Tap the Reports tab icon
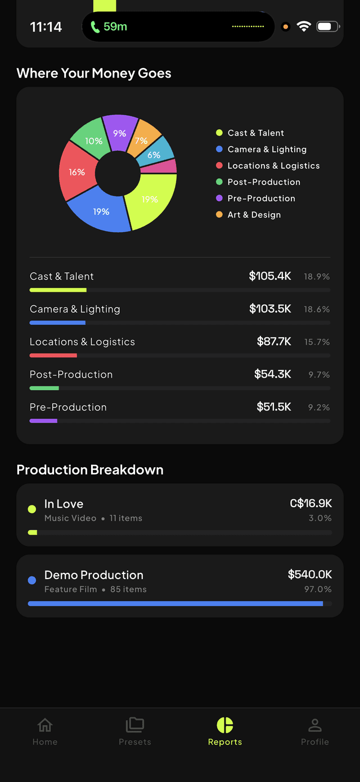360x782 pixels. [224, 725]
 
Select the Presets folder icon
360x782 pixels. [135, 725]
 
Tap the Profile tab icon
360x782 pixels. [314, 725]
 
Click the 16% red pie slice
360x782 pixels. [76, 171]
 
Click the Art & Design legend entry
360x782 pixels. [254, 215]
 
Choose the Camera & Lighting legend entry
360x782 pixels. [267, 150]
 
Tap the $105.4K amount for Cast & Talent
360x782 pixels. [270, 276]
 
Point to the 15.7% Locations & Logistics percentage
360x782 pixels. [317, 342]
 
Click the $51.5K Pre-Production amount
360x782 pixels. [273, 407]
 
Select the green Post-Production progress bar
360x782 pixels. [44, 388]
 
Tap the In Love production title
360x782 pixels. [64, 504]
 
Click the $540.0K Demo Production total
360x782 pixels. [309, 574]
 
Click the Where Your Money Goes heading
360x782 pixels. [94, 73]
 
